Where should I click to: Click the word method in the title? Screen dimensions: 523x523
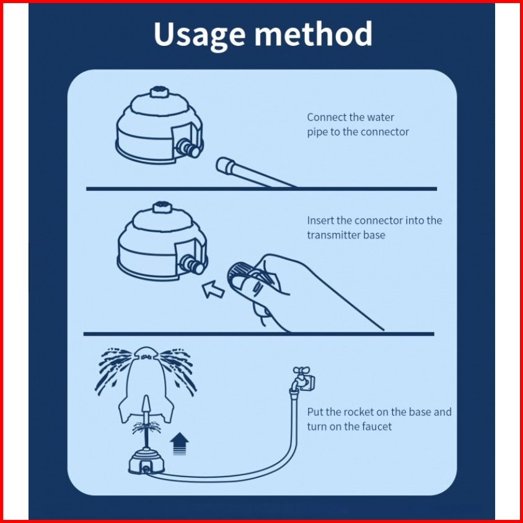[314, 33]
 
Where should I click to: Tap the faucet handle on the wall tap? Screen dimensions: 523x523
[301, 370]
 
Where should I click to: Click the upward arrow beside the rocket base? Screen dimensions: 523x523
[179, 444]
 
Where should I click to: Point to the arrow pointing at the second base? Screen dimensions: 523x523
[213, 289]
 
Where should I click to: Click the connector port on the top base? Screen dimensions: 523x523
[189, 148]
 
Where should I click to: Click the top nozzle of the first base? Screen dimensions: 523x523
[159, 92]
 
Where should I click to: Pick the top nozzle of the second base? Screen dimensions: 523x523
[162, 207]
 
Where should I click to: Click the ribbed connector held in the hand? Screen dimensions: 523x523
[241, 272]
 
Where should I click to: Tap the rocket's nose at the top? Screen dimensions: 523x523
[146, 353]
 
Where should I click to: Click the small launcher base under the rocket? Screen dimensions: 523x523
[146, 462]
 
